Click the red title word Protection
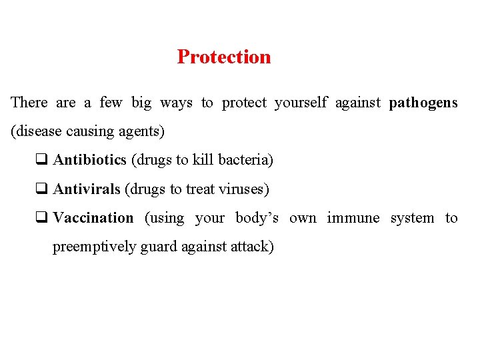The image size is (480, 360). [x=224, y=57]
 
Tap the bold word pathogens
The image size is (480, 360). [x=423, y=103]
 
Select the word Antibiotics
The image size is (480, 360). [x=89, y=160]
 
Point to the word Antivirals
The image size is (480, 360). [x=87, y=189]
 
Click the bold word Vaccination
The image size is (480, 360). [x=93, y=218]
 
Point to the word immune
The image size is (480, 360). [x=353, y=218]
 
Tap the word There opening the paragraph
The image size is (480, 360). [x=29, y=103]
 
